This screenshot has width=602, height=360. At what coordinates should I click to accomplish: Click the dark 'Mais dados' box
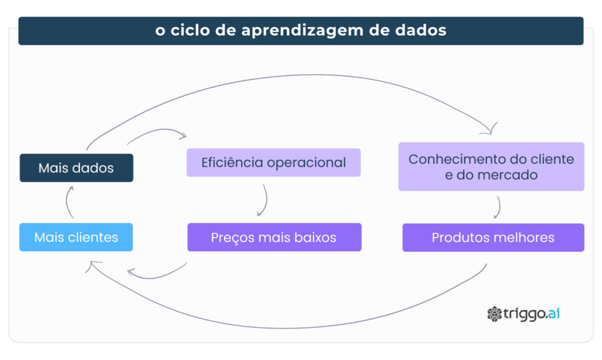(76, 168)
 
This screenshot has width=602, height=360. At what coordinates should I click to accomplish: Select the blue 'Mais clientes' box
(76, 237)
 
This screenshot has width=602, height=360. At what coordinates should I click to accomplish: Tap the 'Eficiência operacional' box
(273, 162)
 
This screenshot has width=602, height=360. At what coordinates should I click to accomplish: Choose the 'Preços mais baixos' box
(274, 237)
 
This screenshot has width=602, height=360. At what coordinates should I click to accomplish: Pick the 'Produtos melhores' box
(493, 238)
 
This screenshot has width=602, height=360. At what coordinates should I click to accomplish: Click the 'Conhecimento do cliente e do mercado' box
(491, 166)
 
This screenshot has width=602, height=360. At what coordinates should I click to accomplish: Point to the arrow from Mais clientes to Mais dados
(67, 202)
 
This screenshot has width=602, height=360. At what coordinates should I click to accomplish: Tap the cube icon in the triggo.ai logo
(494, 314)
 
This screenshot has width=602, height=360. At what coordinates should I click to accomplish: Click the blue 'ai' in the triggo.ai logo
(554, 313)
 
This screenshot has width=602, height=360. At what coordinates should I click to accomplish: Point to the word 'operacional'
(306, 163)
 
